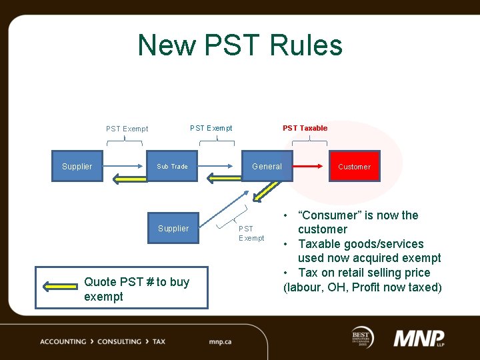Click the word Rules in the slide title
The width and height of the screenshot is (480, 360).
[307, 45]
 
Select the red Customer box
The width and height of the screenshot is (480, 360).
[354, 167]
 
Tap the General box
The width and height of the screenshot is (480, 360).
[267, 167]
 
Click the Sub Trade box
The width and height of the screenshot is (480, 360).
[172, 167]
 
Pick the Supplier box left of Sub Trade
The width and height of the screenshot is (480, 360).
[77, 167]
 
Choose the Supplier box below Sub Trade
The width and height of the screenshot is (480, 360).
[173, 229]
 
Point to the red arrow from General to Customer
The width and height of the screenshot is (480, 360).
[310, 166]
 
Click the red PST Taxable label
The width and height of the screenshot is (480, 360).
[305, 128]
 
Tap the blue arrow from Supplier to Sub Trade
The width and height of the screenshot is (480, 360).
[125, 166]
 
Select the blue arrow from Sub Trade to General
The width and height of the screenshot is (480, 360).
[219, 166]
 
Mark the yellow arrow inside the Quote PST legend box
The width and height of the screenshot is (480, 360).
[60, 286]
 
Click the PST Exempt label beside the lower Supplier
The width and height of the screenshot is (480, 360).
[251, 233]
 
